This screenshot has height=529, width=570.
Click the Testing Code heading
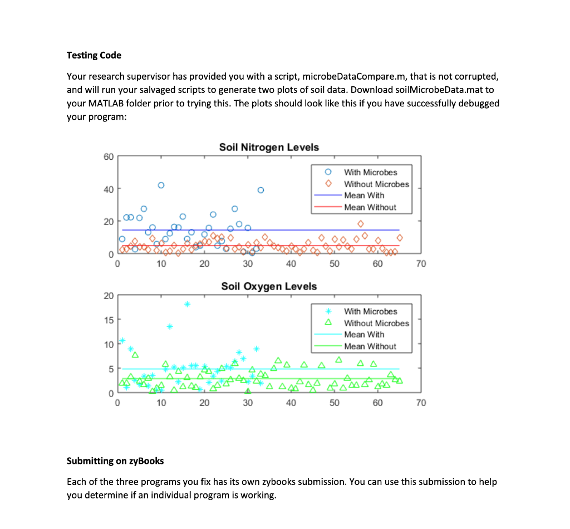(x=94, y=55)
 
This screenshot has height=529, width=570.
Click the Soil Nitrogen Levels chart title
(x=269, y=147)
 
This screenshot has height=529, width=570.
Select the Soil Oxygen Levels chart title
(x=269, y=286)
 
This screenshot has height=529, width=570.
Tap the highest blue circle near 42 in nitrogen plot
(x=161, y=185)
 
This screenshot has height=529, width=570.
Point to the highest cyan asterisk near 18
(x=187, y=304)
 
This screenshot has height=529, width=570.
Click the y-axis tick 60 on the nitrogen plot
(x=107, y=156)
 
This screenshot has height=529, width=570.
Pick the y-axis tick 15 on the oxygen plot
(x=107, y=320)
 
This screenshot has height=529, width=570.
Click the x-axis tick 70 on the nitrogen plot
(x=420, y=263)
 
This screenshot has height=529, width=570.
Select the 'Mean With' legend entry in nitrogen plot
(x=364, y=195)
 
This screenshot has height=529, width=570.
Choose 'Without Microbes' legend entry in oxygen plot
(x=376, y=323)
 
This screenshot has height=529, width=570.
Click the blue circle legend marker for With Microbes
(x=328, y=172)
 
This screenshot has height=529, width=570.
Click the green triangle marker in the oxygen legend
(x=328, y=323)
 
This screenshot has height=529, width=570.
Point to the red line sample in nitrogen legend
(x=327, y=207)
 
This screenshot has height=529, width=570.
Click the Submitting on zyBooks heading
(x=115, y=461)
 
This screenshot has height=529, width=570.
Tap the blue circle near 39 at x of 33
(x=260, y=190)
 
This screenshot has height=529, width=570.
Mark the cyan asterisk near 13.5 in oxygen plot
(x=170, y=326)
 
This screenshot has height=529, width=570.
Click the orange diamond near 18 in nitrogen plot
(x=360, y=223)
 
